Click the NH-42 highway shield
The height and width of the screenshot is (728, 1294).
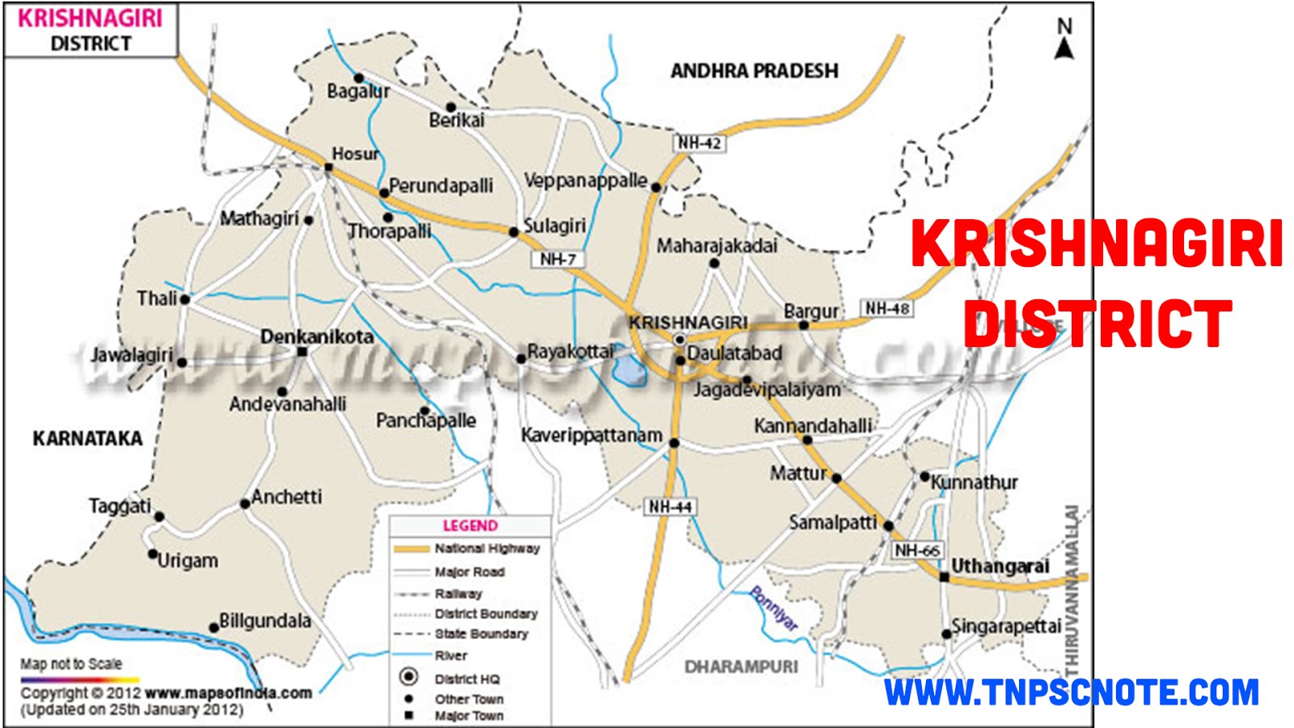coord(700,143)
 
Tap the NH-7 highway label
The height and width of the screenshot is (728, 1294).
coord(558,259)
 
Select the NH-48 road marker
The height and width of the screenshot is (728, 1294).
coord(887,308)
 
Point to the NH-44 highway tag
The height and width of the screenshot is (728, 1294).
coord(670,507)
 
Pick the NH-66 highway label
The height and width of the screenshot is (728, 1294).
coord(918,551)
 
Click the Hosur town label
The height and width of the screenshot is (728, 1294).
coord(355,154)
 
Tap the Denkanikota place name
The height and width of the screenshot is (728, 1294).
coord(317,336)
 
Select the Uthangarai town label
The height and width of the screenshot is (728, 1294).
coord(1000,566)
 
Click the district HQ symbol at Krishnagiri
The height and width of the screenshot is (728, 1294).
coord(680,340)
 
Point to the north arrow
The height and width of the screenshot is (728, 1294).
coord(1064,40)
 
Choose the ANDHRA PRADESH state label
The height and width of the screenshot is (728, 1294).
coord(754,71)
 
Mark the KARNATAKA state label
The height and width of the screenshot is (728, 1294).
coord(87,438)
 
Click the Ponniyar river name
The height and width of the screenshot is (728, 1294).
coord(774,608)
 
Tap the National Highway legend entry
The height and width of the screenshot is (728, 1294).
coord(487,548)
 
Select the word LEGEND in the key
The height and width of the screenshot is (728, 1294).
coord(470,526)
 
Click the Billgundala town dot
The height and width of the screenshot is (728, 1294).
coord(214,627)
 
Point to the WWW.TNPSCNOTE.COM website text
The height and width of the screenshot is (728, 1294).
coord(1072,693)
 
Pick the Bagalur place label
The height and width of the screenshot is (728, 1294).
coord(357,91)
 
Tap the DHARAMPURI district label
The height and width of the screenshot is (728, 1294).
coord(741,667)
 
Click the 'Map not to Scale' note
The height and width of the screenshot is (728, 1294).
coord(71,664)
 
